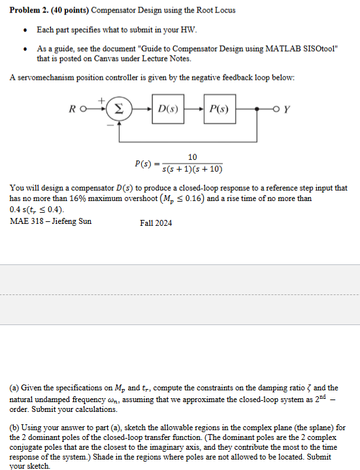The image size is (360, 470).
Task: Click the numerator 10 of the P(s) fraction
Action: click(192, 157)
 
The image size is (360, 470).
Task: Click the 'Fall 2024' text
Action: click(156, 223)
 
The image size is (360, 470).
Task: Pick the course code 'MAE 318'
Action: click(25, 221)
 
